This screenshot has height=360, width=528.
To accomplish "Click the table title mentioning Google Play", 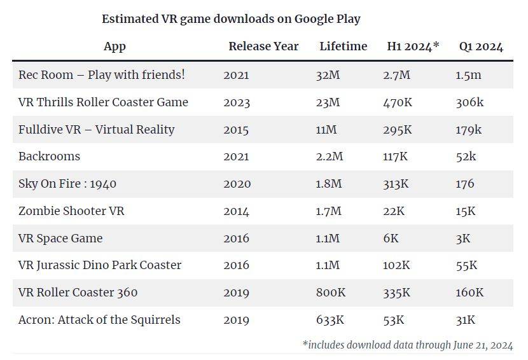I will (231, 19).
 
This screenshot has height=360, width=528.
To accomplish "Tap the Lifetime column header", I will (344, 46).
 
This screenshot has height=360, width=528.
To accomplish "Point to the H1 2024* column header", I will (413, 46).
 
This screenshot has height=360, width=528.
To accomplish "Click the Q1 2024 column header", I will (481, 46).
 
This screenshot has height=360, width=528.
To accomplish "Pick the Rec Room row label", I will (102, 75).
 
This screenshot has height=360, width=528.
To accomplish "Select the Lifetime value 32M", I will (328, 75).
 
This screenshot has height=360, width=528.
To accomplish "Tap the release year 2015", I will (237, 130).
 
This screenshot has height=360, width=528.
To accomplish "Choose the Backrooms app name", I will (49, 156).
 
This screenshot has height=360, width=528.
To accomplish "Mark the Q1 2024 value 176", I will (465, 184).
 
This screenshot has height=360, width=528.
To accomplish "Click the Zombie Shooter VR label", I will (71, 211).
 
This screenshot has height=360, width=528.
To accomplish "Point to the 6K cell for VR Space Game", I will (391, 239).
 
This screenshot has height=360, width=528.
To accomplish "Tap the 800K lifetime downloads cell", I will (331, 293).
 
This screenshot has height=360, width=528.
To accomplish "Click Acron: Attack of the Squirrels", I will (99, 320).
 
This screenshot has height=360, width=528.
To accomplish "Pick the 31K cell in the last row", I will (465, 320).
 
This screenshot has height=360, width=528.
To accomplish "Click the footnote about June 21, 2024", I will (407, 345).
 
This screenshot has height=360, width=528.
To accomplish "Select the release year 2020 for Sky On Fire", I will (237, 184).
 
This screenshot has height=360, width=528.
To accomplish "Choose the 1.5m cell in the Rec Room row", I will (468, 75).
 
